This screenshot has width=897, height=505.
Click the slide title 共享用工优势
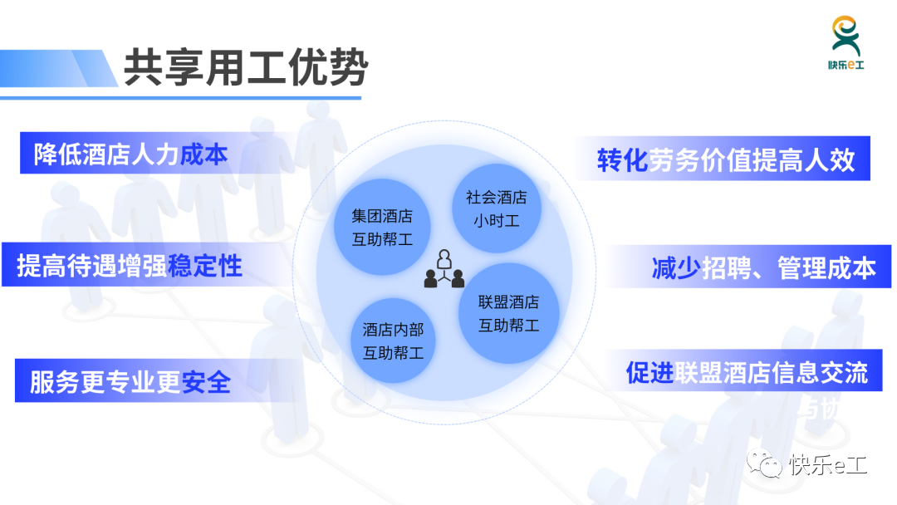[246, 67]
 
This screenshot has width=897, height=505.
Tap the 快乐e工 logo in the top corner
[846, 43]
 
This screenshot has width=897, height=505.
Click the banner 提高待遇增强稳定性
[149, 265]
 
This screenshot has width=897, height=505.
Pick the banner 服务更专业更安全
[154, 381]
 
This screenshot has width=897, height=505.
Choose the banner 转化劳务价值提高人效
[723, 159]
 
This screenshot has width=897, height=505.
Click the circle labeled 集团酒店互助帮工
[382, 227]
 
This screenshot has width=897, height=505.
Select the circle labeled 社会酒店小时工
[497, 208]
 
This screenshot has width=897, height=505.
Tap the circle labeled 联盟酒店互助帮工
[508, 313]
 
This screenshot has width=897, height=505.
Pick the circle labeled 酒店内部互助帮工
[393, 341]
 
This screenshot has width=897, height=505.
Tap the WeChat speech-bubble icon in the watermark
[765, 463]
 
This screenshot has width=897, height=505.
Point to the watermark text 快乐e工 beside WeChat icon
[828, 465]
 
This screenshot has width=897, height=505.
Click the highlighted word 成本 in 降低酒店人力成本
[203, 154]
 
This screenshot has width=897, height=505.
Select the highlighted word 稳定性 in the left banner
[205, 266]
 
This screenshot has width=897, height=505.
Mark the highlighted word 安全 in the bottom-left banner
[207, 382]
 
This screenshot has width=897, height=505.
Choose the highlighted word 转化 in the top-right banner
[622, 159]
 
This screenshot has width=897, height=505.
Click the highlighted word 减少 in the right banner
[676, 267]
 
